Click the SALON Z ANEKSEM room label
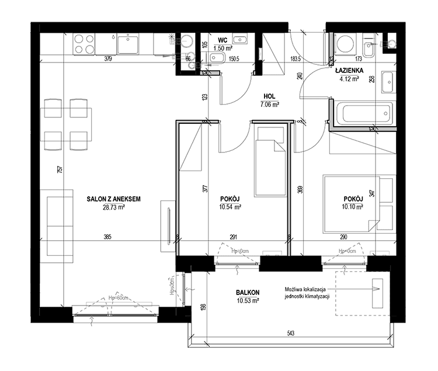click(x=113, y=199)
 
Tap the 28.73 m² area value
click(x=113, y=207)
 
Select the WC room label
click(x=223, y=40)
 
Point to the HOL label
click(x=269, y=96)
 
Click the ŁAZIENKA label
click(x=349, y=70)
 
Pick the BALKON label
click(x=248, y=293)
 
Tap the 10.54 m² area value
click(x=230, y=207)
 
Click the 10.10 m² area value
click(x=353, y=207)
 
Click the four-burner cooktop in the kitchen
click(x=84, y=44)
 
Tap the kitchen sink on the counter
click(x=128, y=43)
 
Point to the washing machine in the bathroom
click(x=345, y=44)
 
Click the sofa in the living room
click(x=57, y=226)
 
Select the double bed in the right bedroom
click(x=360, y=204)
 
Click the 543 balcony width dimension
click(x=290, y=333)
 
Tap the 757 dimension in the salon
click(x=60, y=169)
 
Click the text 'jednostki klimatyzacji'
click(x=307, y=296)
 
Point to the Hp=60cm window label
click(x=118, y=298)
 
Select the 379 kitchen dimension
click(x=108, y=58)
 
